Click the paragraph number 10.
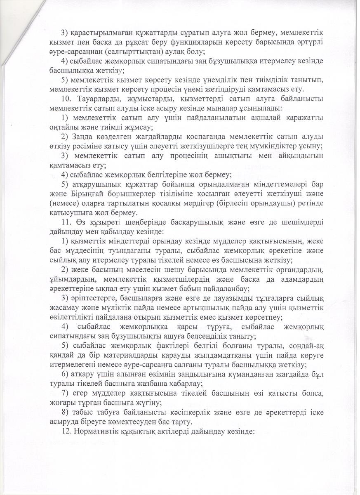point(66,99)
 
